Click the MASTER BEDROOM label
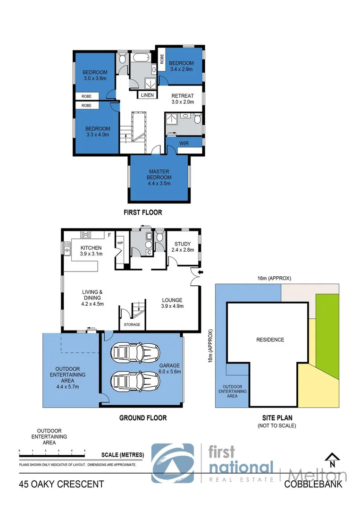pos(159,174)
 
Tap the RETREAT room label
pos(182,96)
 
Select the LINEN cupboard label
pos(147,95)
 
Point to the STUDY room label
pos(183,244)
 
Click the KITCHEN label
pos(91,247)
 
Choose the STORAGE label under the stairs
pos(132,325)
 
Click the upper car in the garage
pos(135,352)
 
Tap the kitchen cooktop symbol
pos(86,234)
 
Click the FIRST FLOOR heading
pos(142,212)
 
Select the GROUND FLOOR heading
pos(142,418)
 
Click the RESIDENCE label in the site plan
pos(270,340)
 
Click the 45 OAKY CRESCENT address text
pos(61,484)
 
